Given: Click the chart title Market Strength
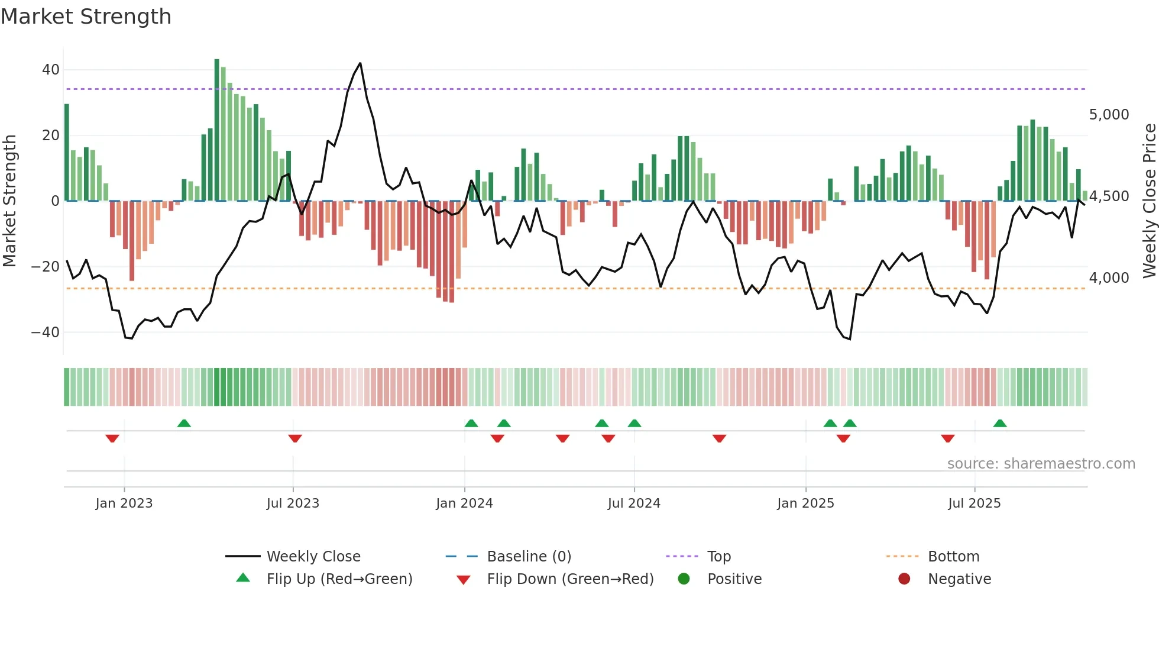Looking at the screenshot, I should click(86, 17).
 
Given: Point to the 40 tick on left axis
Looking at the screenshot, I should click(51, 70).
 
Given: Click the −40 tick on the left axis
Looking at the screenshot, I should click(46, 333).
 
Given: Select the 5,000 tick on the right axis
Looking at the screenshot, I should click(1109, 115).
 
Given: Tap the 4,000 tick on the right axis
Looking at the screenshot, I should click(1109, 278).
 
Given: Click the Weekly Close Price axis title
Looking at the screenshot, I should click(1149, 201).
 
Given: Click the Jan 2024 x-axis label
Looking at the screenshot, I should click(464, 503).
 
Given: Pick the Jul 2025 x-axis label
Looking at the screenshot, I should click(974, 503).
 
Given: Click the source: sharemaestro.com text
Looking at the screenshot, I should click(1041, 464).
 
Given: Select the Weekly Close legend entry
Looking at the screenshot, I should click(313, 557).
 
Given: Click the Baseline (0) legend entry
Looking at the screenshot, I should click(529, 557).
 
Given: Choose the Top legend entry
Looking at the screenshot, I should click(718, 557).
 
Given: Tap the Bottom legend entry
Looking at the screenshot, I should click(953, 557).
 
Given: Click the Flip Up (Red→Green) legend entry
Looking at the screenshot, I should click(339, 579).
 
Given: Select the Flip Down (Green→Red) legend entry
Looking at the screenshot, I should click(570, 579).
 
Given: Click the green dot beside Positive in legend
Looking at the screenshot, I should click(684, 579).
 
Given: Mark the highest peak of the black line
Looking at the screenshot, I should click(360, 63).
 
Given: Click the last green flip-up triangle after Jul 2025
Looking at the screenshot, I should click(1000, 424).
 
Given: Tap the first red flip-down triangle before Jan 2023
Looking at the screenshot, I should click(112, 438).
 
